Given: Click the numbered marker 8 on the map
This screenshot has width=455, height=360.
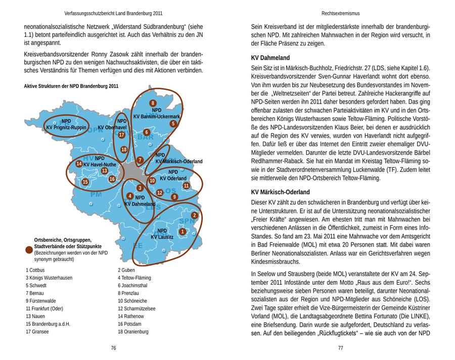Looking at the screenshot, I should (153, 103).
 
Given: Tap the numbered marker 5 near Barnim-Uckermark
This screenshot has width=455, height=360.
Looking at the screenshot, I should (173, 123).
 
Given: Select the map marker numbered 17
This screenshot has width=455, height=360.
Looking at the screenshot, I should (121, 135).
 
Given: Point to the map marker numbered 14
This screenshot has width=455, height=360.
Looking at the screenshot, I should (79, 163).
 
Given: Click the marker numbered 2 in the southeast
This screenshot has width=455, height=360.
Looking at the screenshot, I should (194, 215).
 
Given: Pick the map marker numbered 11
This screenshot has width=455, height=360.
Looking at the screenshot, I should (186, 186).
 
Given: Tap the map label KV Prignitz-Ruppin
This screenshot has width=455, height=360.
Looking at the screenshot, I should (66, 128).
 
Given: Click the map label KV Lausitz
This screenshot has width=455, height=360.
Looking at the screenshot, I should (162, 237).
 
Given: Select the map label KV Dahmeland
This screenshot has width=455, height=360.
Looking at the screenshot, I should (140, 204).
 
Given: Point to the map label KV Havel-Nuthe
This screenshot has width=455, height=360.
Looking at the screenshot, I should (100, 164).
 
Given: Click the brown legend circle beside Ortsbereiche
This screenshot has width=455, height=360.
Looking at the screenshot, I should (29, 249).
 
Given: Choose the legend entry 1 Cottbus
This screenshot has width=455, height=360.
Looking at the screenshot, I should (35, 270).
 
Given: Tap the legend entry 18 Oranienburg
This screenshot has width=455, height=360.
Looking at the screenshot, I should (133, 332).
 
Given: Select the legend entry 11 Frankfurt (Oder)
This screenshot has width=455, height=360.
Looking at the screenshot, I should (44, 308).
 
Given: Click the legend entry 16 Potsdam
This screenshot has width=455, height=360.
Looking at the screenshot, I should (130, 324).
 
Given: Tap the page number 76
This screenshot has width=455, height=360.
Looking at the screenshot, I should (114, 348).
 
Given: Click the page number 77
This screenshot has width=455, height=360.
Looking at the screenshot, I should (341, 348).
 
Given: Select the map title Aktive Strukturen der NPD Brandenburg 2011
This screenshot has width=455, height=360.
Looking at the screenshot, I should (71, 86).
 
